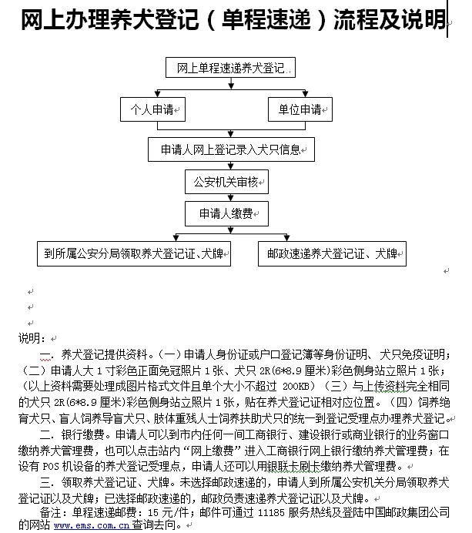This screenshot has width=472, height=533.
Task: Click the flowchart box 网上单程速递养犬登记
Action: (230, 69)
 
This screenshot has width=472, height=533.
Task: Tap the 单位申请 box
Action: (299, 110)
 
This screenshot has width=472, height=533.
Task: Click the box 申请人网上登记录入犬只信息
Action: (231, 149)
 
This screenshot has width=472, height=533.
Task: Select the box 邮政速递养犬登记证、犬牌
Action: (332, 253)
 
